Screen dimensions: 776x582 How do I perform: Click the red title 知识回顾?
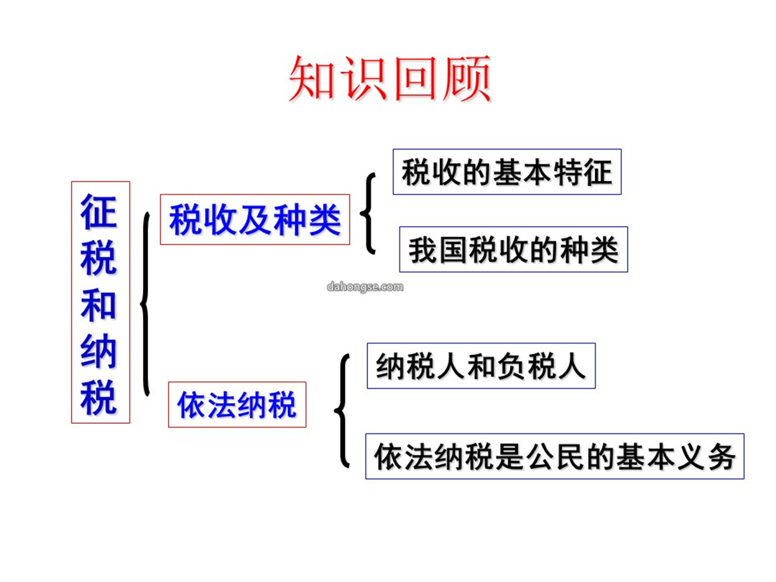point(390,79)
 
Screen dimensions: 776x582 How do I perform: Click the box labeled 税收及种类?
point(255,219)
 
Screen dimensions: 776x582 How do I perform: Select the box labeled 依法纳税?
point(237,405)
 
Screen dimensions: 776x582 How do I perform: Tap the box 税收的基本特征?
point(507,172)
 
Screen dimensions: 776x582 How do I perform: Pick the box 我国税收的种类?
point(513,249)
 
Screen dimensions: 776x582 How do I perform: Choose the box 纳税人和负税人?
point(481,366)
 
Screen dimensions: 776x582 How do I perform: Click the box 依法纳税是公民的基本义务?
point(555,456)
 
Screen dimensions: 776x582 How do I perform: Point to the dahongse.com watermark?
point(365,287)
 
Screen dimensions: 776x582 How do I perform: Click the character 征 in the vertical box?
point(99,212)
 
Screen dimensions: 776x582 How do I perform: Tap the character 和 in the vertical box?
point(99,305)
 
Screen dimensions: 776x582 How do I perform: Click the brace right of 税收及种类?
point(368,213)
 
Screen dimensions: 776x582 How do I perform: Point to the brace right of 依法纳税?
point(343,411)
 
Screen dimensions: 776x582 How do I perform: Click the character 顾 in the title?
point(467,79)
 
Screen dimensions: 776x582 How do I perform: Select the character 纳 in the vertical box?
point(99,352)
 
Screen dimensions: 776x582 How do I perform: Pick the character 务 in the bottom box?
point(721,457)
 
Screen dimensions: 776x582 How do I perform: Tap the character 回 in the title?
point(415,79)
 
